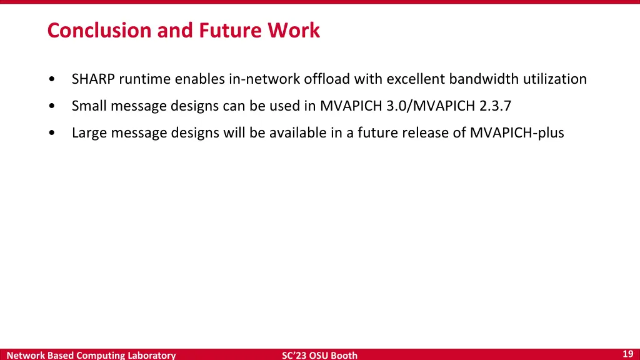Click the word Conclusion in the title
[x=100, y=30]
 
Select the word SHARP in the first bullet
[x=93, y=79]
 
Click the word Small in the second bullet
[x=89, y=106]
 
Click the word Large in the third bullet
[x=89, y=132]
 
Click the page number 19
[x=628, y=354]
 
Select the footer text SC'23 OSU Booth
[x=319, y=355]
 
